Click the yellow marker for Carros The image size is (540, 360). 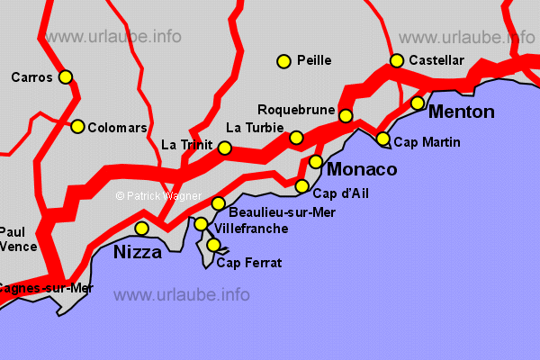(66, 77)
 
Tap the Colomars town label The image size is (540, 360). (117, 128)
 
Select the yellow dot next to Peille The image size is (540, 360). (283, 61)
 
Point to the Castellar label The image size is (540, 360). (436, 60)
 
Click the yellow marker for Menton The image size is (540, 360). (418, 103)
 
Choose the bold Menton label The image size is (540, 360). (462, 112)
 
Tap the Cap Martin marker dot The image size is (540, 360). (383, 139)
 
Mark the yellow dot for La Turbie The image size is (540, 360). (296, 138)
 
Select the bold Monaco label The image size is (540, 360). (362, 169)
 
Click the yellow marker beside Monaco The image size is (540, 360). (316, 162)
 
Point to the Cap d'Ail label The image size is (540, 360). (340, 193)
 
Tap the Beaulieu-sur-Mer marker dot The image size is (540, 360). (218, 203)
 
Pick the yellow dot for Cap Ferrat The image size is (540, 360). (213, 245)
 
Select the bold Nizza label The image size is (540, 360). (138, 253)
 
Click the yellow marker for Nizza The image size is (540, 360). (141, 229)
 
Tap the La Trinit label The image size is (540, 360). (186, 145)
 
